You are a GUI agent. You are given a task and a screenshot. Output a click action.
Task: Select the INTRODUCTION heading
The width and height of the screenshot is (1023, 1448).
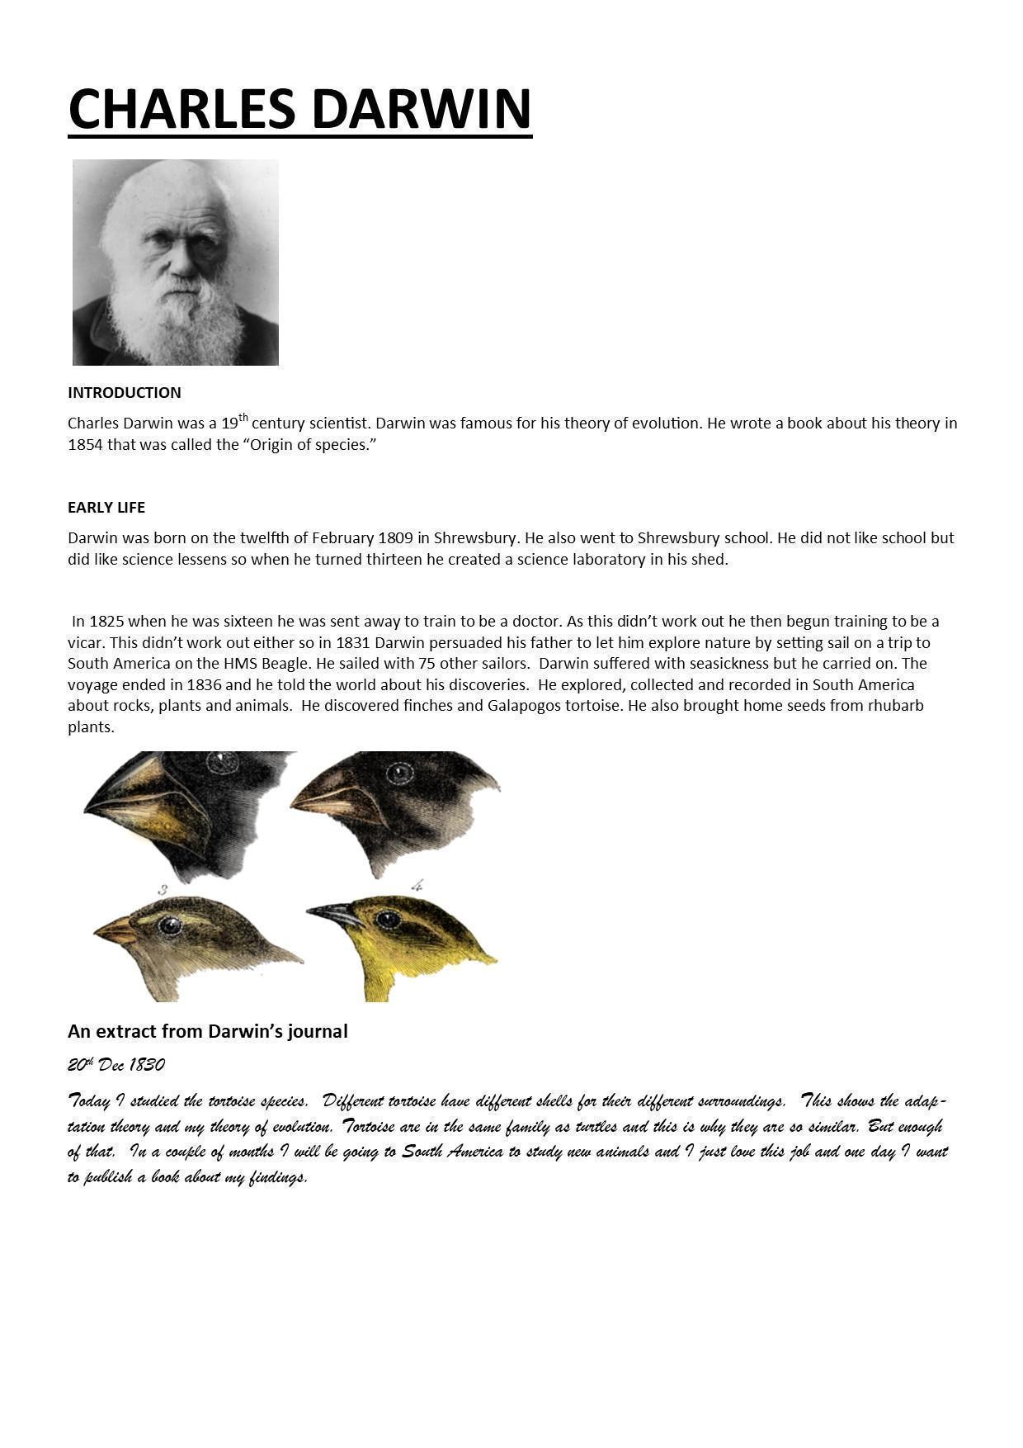[125, 393]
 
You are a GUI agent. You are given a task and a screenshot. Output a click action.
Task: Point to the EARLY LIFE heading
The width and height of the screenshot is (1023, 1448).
[106, 508]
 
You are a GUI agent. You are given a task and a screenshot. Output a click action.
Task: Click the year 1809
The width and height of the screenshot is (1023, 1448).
[395, 538]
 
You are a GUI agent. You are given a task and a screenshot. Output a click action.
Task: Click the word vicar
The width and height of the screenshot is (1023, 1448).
[85, 643]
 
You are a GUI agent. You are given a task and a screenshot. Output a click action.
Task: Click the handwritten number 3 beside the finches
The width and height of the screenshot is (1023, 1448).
[163, 889]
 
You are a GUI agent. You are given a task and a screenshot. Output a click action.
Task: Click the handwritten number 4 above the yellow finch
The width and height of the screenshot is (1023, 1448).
[417, 886]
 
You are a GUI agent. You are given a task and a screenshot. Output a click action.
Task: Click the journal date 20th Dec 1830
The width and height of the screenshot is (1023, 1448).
[116, 1065]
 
